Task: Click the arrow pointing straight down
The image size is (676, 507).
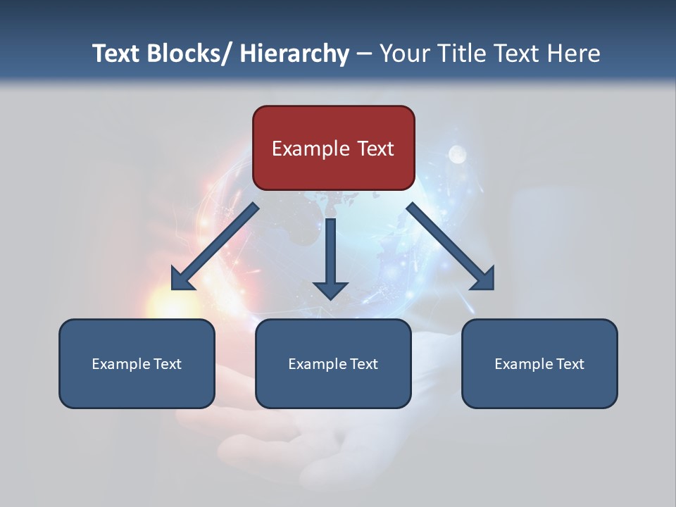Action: [x=330, y=257]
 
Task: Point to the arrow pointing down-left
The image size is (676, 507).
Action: [x=215, y=247]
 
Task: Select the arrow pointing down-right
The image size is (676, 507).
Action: [x=451, y=247]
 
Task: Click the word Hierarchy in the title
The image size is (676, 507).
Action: [x=294, y=54]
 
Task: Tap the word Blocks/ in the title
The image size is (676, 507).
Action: [x=190, y=54]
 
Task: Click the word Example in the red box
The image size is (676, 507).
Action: [x=311, y=149]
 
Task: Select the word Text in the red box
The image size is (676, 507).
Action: [x=375, y=149]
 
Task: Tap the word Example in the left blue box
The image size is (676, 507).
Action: [x=121, y=364]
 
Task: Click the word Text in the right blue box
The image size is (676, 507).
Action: [x=570, y=364]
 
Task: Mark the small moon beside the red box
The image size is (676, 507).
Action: [x=458, y=153]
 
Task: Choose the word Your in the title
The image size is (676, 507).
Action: [x=403, y=54]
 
